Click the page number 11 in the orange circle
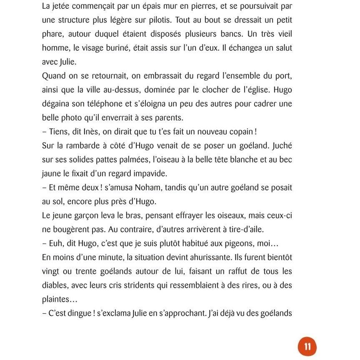point(307,347)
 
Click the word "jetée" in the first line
point(62,6)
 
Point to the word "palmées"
point(129,160)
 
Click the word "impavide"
point(152,173)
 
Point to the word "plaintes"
point(58,300)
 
